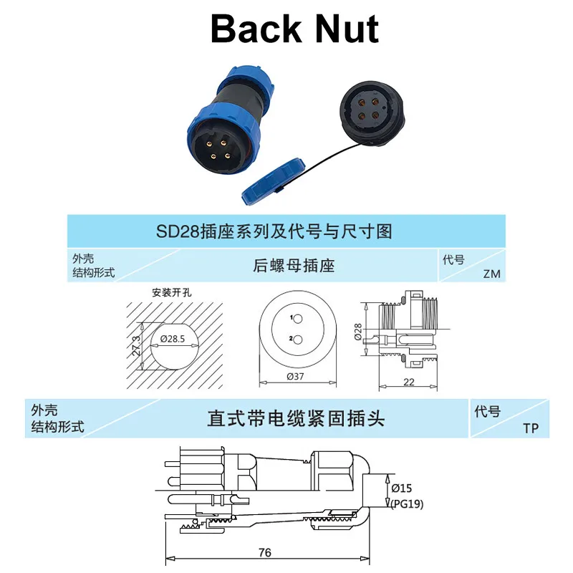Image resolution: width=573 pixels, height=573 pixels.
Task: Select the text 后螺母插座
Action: tap(294, 266)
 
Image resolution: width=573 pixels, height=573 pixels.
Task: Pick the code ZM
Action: tap(491, 274)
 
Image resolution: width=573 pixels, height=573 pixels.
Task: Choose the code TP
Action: tap(531, 428)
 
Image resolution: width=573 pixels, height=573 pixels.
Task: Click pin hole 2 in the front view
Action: tap(299, 339)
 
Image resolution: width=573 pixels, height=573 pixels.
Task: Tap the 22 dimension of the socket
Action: tap(409, 382)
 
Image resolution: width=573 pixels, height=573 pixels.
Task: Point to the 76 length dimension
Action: tap(264, 552)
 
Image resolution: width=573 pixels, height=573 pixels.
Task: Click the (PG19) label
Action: tap(408, 504)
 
